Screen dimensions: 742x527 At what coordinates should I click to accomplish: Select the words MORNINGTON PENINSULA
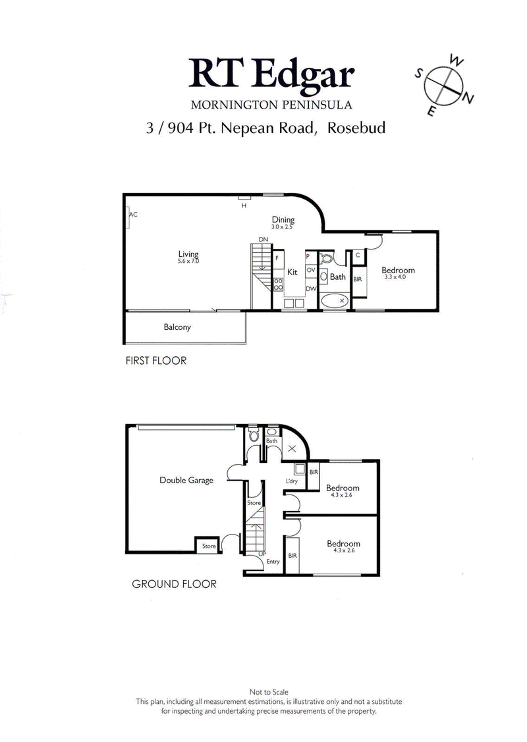pyautogui.click(x=271, y=104)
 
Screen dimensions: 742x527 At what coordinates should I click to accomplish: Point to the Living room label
pyautogui.click(x=188, y=254)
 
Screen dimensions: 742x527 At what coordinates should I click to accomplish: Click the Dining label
pyautogui.click(x=283, y=220)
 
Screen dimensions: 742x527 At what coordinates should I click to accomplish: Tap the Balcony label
pyautogui.click(x=177, y=327)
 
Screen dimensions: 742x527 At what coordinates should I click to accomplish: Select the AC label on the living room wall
pyautogui.click(x=133, y=215)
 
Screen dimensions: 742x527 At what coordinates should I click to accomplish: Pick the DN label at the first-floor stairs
pyautogui.click(x=263, y=239)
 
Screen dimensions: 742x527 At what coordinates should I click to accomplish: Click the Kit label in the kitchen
pyautogui.click(x=292, y=271)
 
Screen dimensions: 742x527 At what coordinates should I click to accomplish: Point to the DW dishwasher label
pyautogui.click(x=311, y=288)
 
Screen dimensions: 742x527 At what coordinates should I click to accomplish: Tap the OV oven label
pyautogui.click(x=311, y=270)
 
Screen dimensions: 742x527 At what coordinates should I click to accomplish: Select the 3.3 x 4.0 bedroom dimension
pyautogui.click(x=398, y=277)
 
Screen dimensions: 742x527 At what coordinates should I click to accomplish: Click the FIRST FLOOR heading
pyautogui.click(x=156, y=361)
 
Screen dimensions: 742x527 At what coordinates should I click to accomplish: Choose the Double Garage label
pyautogui.click(x=186, y=480)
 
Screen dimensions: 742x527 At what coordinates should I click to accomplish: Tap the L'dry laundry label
pyautogui.click(x=292, y=483)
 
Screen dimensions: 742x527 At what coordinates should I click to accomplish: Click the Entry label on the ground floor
pyautogui.click(x=273, y=562)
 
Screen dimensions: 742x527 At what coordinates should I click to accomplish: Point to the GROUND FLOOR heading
pyautogui.click(x=174, y=584)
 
